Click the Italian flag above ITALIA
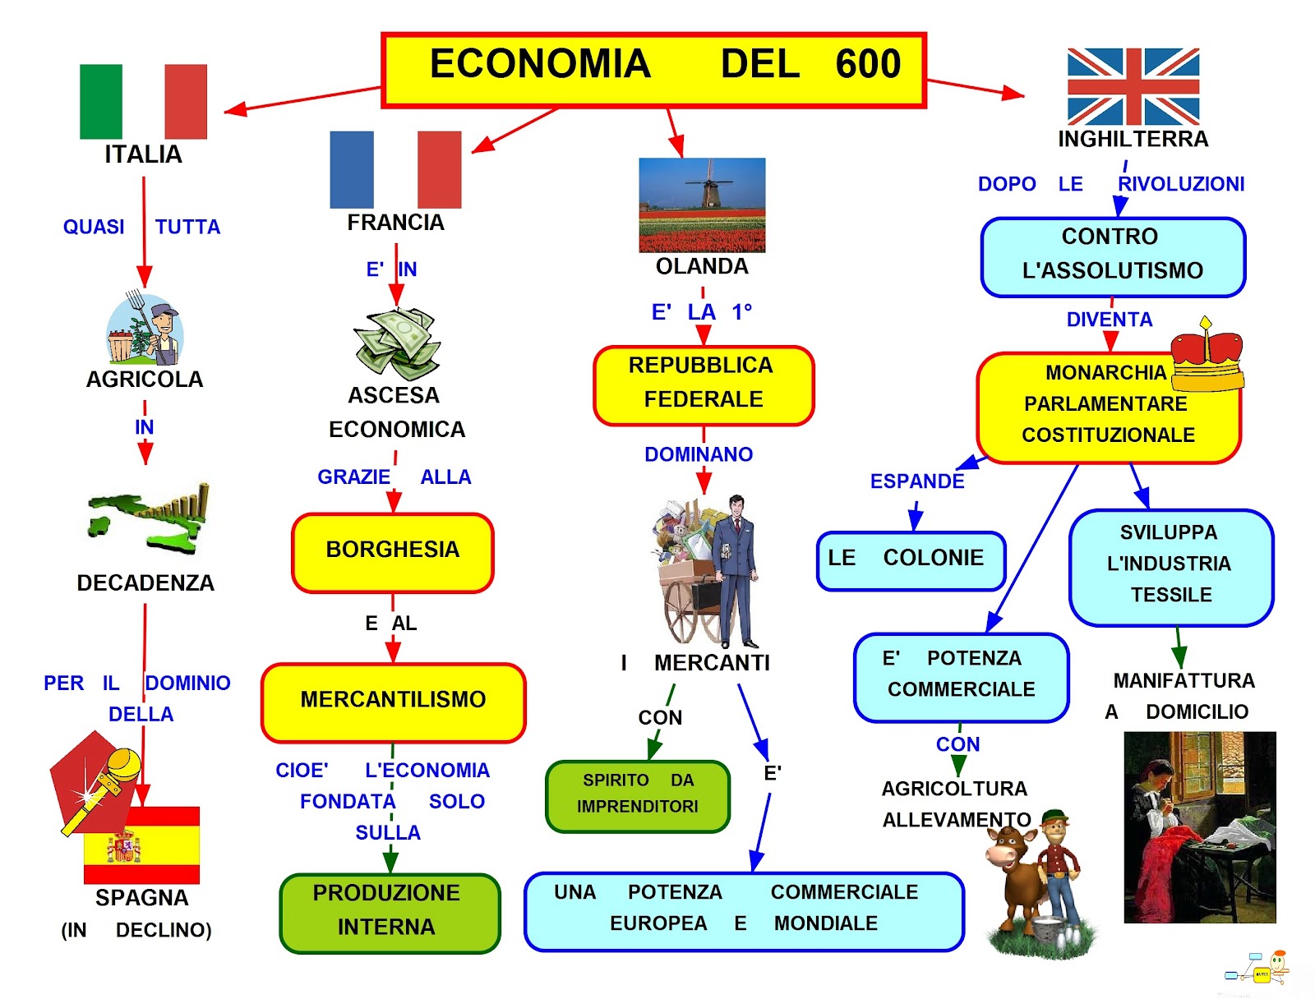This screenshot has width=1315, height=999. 143,102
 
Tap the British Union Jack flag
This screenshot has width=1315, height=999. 1133,86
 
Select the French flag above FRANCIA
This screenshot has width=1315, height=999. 395,170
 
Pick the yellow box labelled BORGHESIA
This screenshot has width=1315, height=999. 392,552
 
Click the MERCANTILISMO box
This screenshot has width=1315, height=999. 393,702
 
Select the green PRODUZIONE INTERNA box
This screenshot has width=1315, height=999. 390,912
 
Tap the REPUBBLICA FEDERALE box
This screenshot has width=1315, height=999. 704,385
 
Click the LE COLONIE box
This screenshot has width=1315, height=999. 910,560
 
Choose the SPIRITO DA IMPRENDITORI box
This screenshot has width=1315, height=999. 638,796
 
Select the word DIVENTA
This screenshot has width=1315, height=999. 1109,320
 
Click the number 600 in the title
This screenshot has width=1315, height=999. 868,63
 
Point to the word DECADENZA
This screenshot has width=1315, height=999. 145,583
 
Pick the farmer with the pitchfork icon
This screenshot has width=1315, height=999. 145,328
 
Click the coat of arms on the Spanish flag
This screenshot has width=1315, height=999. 123,845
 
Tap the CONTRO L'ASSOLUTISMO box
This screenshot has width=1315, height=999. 1113,257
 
